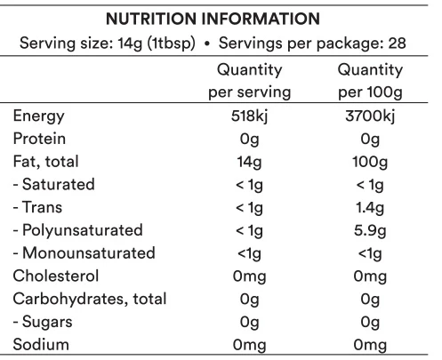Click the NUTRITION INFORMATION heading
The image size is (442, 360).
point(213,19)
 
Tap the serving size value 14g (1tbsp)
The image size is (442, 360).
point(157,44)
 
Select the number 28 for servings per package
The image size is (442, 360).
point(397,44)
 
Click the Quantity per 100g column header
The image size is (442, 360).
point(370,81)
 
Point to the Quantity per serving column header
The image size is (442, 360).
point(250,81)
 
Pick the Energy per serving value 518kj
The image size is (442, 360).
point(249,116)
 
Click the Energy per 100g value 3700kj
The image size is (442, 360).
point(370,116)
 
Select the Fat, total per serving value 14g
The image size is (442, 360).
point(249,162)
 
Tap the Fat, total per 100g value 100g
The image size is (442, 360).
point(370,162)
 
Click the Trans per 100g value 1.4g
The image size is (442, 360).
point(370,208)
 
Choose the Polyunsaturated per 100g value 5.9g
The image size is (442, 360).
point(370,231)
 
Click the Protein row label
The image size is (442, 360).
point(39,139)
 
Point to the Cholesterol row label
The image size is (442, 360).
point(56,276)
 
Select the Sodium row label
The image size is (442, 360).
point(41,345)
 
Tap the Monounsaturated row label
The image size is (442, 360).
point(84,253)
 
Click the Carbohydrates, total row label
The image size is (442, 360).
point(90,299)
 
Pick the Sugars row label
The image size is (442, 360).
point(43,322)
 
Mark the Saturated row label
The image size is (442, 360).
point(54,184)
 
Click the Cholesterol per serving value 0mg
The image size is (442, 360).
point(249,276)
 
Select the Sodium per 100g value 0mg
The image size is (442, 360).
point(370,346)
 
